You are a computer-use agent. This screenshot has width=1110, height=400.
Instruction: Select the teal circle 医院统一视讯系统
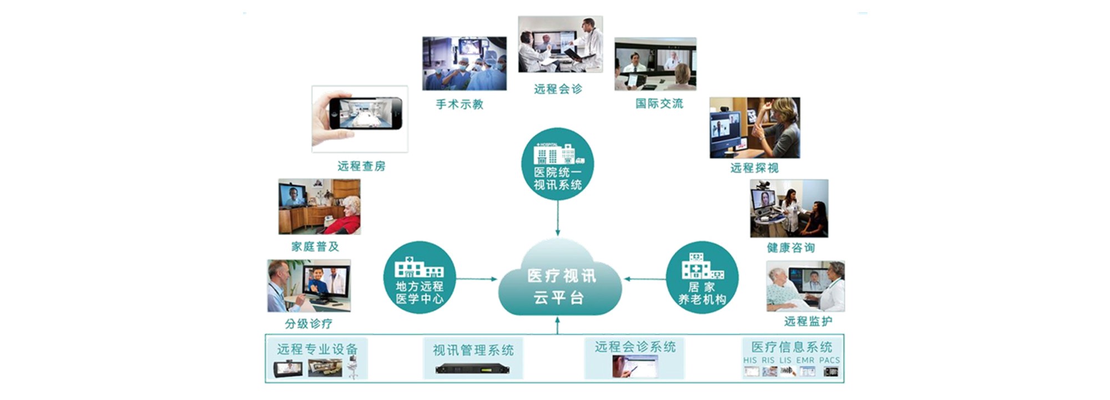tap(557, 164)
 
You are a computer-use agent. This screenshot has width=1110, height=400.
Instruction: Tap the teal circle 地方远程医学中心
tap(419, 278)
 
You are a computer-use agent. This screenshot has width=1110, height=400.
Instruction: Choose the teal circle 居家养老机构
tap(702, 278)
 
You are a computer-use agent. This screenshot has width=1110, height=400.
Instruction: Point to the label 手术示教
tap(460, 104)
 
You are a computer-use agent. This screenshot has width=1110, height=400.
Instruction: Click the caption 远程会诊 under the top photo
tap(558, 89)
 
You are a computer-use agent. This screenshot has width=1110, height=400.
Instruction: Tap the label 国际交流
tap(659, 103)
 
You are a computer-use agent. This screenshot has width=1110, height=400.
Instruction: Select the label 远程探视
tap(754, 168)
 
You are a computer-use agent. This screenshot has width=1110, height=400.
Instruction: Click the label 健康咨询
tap(790, 248)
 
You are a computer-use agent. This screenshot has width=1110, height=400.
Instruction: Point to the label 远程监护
tap(808, 321)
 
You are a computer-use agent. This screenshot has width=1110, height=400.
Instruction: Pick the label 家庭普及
tap(315, 247)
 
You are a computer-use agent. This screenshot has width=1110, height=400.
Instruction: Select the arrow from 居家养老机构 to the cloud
tap(645, 279)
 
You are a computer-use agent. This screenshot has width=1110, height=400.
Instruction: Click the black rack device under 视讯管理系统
tap(472, 368)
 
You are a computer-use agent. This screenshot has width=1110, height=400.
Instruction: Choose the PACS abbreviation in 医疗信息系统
tap(829, 360)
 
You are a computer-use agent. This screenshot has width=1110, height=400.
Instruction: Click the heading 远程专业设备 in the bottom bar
tap(317, 349)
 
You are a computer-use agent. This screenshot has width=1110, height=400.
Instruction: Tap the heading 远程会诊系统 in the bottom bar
tap(635, 347)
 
